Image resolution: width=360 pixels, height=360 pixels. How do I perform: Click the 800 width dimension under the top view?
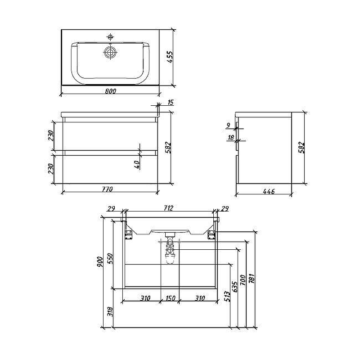pos(111,91)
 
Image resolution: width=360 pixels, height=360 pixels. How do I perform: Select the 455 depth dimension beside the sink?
pos(170,58)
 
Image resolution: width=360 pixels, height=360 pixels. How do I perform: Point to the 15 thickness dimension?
pos(170,103)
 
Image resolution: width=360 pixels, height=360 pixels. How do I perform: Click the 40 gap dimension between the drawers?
pos(137,164)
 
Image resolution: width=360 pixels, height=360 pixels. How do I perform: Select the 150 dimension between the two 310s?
pos(170,298)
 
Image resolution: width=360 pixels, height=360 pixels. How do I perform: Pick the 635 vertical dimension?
pos(234,287)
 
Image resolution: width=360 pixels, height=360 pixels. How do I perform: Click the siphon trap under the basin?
pos(170,252)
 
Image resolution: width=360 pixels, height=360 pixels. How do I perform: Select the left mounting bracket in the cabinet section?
pos(127,233)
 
